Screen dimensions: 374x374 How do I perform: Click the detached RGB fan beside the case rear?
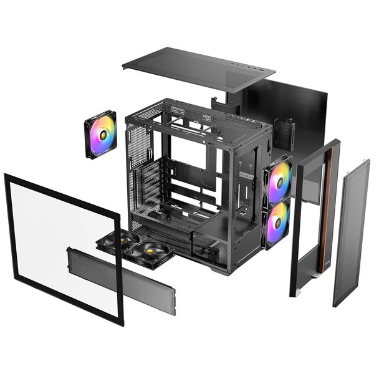(x=100, y=135)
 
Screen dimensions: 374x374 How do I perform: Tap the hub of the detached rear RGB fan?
(x=100, y=135)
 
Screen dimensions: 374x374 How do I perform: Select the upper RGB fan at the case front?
(x=278, y=181)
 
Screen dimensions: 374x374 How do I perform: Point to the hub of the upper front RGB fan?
(x=279, y=182)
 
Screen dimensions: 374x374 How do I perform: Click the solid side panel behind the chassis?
(x=299, y=118)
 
